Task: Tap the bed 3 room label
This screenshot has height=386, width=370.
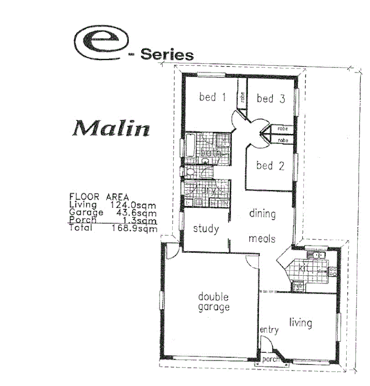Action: tap(271, 98)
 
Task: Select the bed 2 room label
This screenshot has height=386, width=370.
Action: tap(270, 166)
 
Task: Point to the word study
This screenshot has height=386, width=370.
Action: tap(206, 229)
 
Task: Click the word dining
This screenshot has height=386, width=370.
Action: tap(262, 213)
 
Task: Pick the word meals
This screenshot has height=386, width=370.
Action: tap(262, 238)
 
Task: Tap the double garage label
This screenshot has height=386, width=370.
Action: tap(214, 302)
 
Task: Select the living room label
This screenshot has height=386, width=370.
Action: tap(301, 323)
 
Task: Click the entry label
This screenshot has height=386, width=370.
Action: tap(269, 330)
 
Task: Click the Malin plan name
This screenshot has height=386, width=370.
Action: tap(111, 128)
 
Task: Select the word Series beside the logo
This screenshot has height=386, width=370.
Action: tap(167, 55)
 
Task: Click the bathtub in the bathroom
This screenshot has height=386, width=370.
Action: tap(190, 147)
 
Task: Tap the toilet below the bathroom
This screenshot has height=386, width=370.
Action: tap(189, 172)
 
